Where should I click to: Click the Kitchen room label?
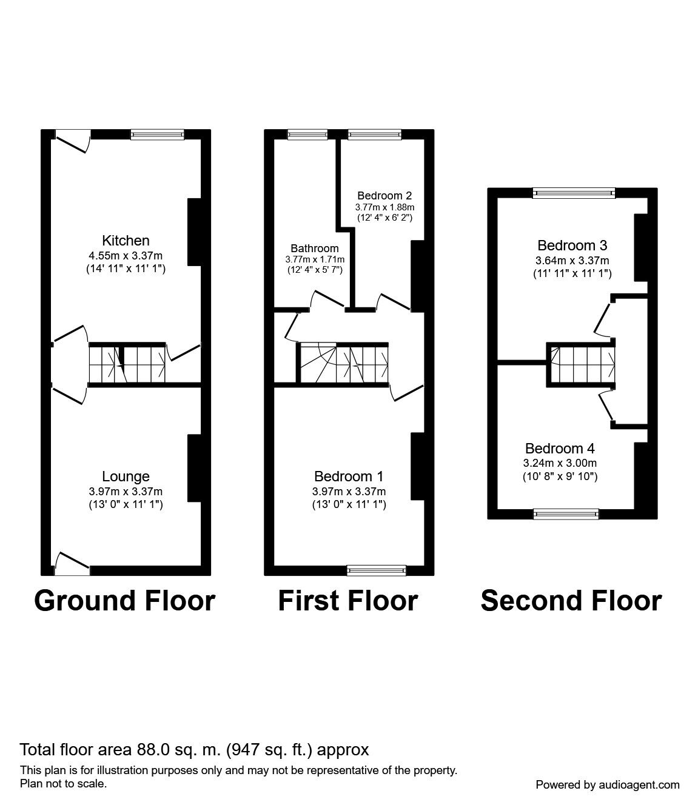[126, 241]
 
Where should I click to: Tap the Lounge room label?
[126, 477]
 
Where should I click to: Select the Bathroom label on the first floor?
[314, 249]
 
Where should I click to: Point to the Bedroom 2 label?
[384, 196]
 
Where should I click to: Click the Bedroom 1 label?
[349, 476]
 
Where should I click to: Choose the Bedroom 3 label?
[572, 246]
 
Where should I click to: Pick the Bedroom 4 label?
[560, 449]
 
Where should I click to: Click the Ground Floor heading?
[125, 601]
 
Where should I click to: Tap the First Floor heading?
[347, 601]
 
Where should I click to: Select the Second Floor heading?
[571, 601]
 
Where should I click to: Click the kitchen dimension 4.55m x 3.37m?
[126, 256]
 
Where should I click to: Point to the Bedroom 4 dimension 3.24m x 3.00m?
[560, 463]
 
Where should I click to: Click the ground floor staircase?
[127, 364]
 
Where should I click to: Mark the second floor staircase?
[582, 364]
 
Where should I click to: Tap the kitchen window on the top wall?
[158, 135]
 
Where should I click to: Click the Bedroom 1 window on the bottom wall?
[376, 570]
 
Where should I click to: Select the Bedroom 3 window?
[574, 193]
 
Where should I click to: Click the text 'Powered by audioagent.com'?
[608, 784]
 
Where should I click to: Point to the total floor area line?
[194, 750]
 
